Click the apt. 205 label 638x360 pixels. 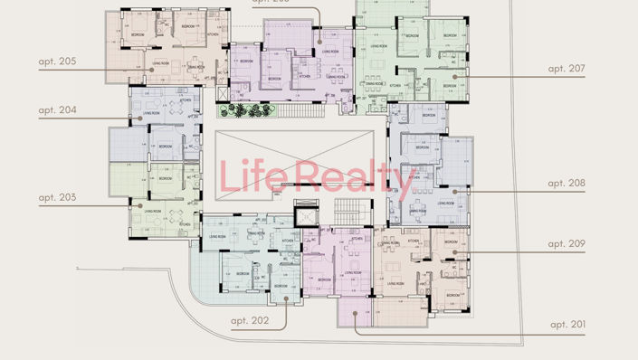click(57, 62)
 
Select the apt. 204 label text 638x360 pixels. click(57, 110)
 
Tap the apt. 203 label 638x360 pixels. click(57, 196)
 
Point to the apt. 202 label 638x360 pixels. click(250, 320)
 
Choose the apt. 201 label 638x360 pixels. click(568, 325)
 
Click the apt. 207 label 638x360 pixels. click(567, 68)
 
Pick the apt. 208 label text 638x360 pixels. click(567, 183)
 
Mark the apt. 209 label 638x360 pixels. click(567, 243)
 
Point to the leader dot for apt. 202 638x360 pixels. click(287, 297)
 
